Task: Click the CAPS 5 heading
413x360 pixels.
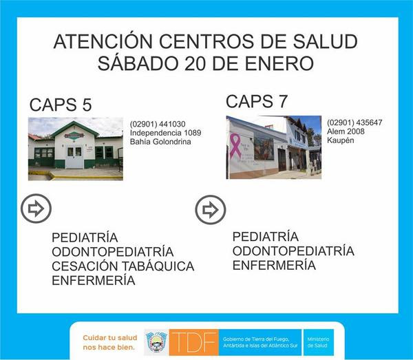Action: click(x=61, y=105)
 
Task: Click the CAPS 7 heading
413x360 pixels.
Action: click(x=257, y=101)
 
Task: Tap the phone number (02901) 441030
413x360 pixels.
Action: click(x=158, y=124)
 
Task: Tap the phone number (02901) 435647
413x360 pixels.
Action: click(x=354, y=123)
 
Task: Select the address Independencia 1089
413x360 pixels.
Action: click(x=165, y=133)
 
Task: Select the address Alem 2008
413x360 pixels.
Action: click(x=346, y=131)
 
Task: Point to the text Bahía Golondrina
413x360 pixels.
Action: click(x=160, y=142)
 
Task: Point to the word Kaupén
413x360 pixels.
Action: click(x=340, y=140)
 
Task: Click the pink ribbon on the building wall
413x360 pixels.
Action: click(x=235, y=146)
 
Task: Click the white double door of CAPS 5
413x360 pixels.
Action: click(x=74, y=156)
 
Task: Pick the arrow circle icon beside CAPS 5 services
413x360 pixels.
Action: click(x=36, y=209)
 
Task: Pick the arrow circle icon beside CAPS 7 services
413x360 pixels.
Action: click(x=211, y=210)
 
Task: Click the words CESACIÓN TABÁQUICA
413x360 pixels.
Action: click(x=123, y=266)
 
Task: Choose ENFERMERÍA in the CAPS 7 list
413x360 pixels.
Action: click(x=274, y=265)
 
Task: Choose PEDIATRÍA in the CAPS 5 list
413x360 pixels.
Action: click(x=85, y=237)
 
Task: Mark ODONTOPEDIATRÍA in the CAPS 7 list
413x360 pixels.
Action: click(x=293, y=251)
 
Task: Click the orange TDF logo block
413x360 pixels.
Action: click(x=194, y=342)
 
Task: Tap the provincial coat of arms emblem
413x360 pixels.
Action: click(x=157, y=342)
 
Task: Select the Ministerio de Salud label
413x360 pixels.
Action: click(x=318, y=342)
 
